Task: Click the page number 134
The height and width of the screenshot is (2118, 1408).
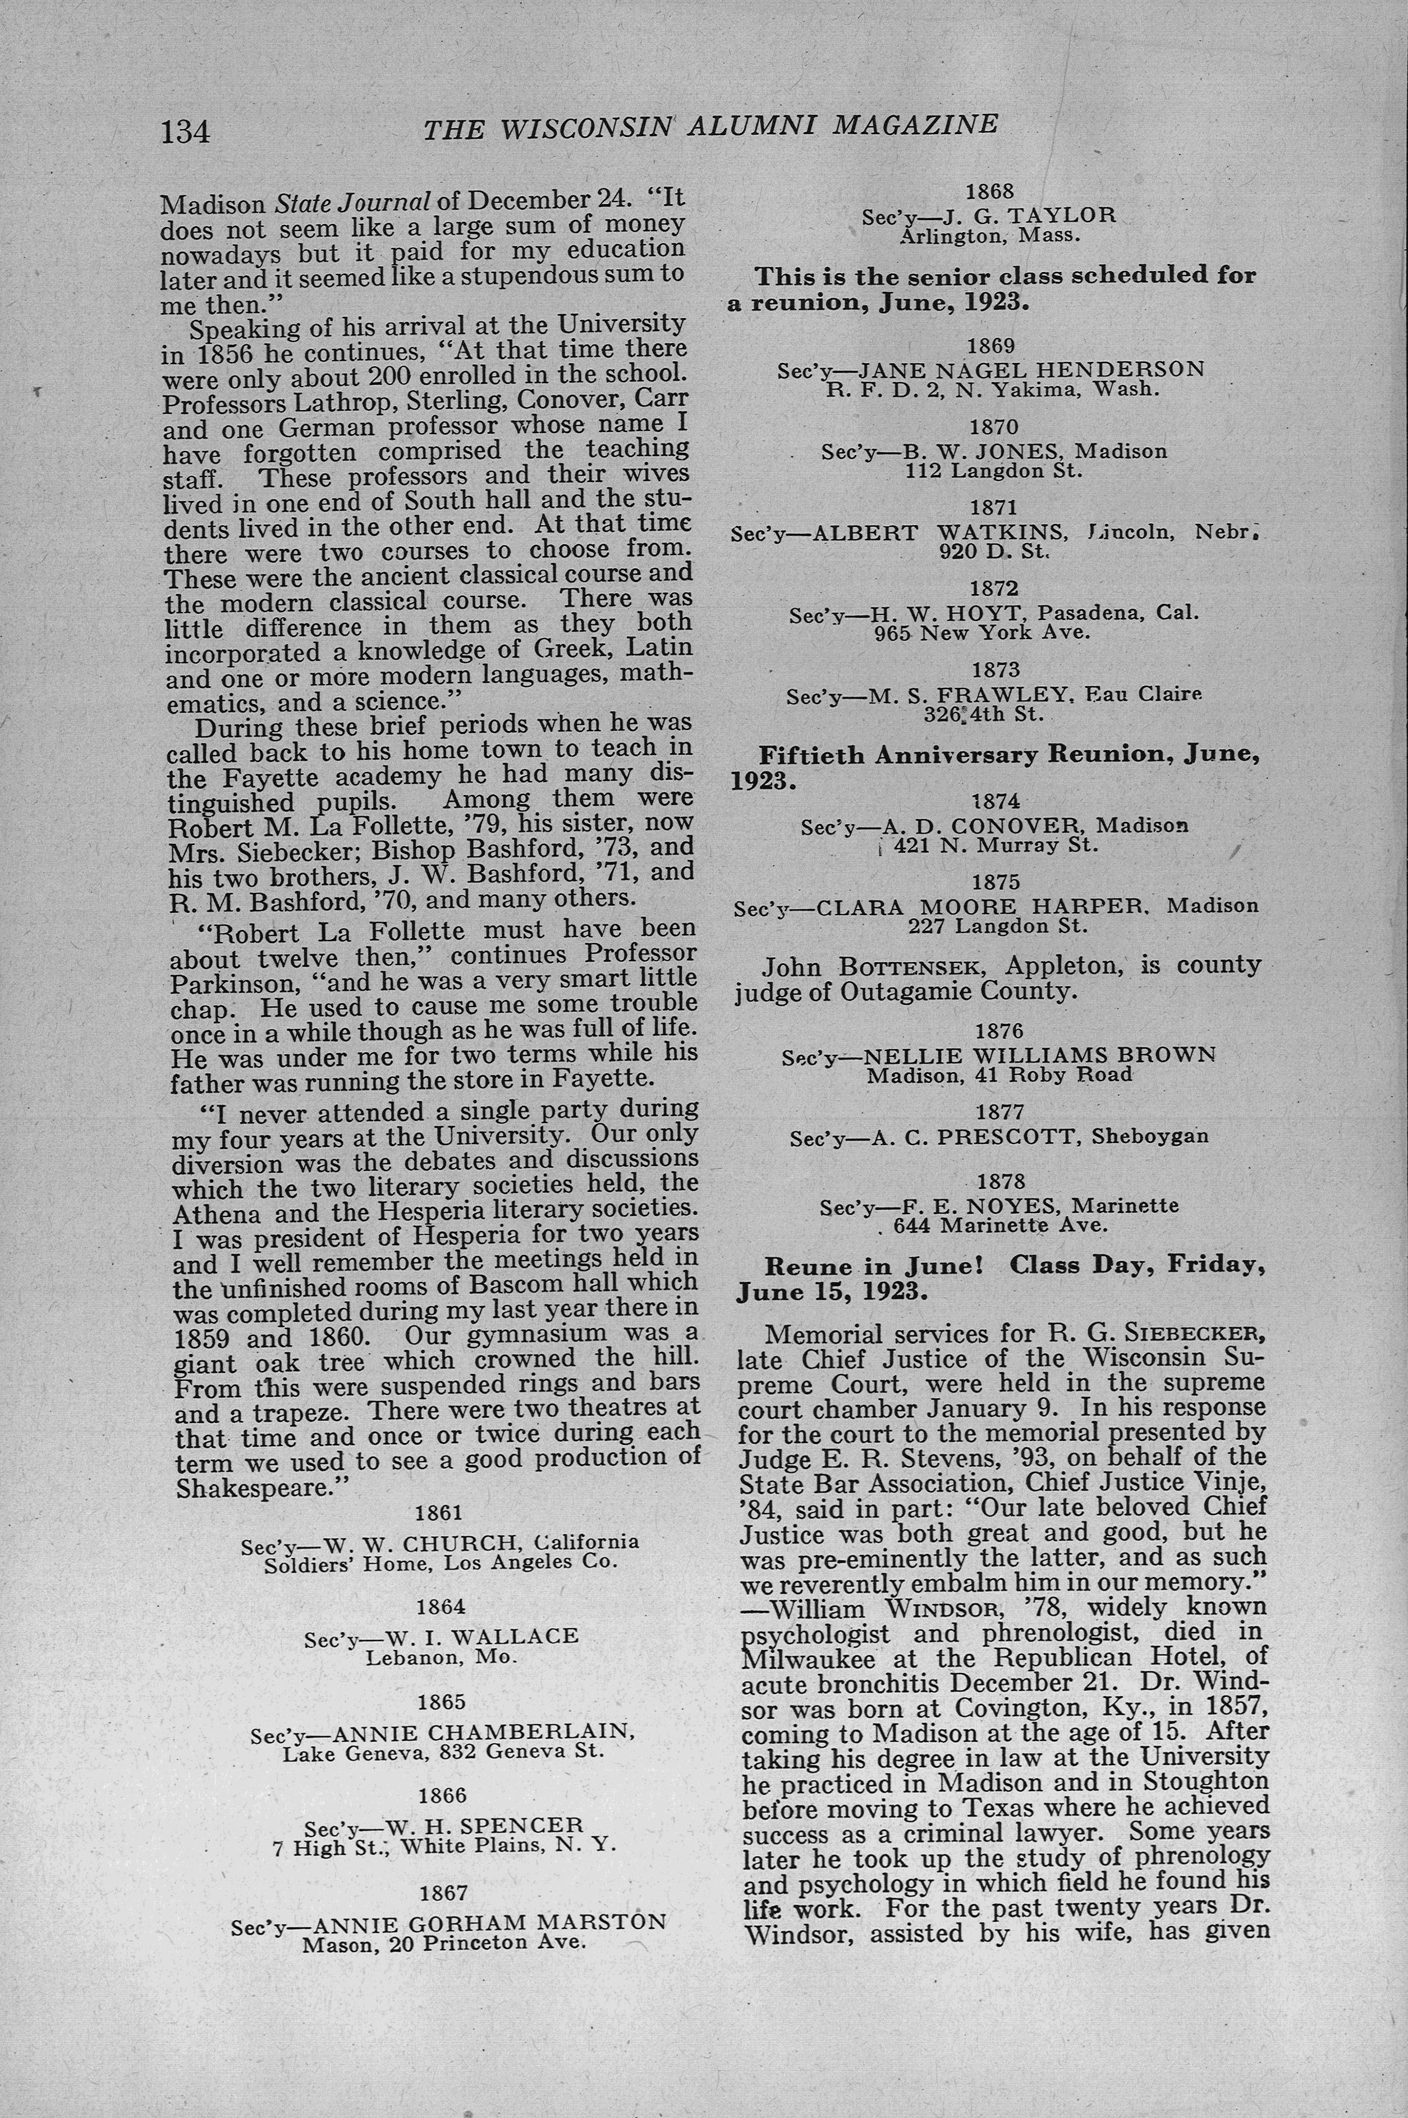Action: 185,132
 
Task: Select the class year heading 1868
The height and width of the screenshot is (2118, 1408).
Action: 989,191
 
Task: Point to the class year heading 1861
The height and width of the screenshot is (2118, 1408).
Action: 439,1513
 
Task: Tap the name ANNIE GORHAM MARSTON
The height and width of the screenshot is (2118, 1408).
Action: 490,1923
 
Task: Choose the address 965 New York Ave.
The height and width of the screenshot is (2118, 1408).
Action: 983,632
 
